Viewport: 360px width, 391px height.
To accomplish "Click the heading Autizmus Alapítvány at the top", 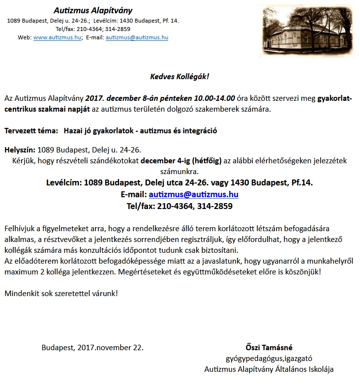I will [93, 10].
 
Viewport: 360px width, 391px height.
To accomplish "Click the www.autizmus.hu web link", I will [57, 37].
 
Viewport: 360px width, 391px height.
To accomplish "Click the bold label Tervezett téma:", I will [30, 131].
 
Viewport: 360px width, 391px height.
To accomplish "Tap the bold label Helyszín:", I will [20, 149].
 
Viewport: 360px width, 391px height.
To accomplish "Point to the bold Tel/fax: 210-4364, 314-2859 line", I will [180, 206].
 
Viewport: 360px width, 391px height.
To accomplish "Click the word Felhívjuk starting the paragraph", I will [21, 229].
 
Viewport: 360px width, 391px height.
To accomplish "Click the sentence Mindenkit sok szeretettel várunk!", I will [61, 293].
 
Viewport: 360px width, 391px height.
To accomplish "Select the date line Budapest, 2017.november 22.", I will [92, 347].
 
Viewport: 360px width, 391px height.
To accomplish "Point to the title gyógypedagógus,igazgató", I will [269, 358].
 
